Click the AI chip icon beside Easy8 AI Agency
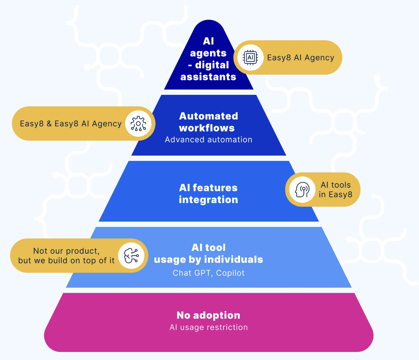[250, 58]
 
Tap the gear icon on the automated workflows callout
[138, 123]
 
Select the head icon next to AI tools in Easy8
[302, 190]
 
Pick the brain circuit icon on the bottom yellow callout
[131, 255]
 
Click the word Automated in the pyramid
[209, 116]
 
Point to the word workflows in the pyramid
[207, 128]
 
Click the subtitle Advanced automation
[209, 139]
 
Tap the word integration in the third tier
[208, 200]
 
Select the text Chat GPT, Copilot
[209, 273]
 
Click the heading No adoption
[208, 315]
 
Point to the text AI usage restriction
[209, 327]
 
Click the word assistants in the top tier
[208, 77]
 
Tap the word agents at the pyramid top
[208, 53]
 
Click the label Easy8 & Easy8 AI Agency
[71, 124]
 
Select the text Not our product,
[66, 251]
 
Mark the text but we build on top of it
[66, 261]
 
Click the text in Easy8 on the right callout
[335, 194]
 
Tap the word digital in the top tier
[212, 65]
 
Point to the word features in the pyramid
[215, 188]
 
